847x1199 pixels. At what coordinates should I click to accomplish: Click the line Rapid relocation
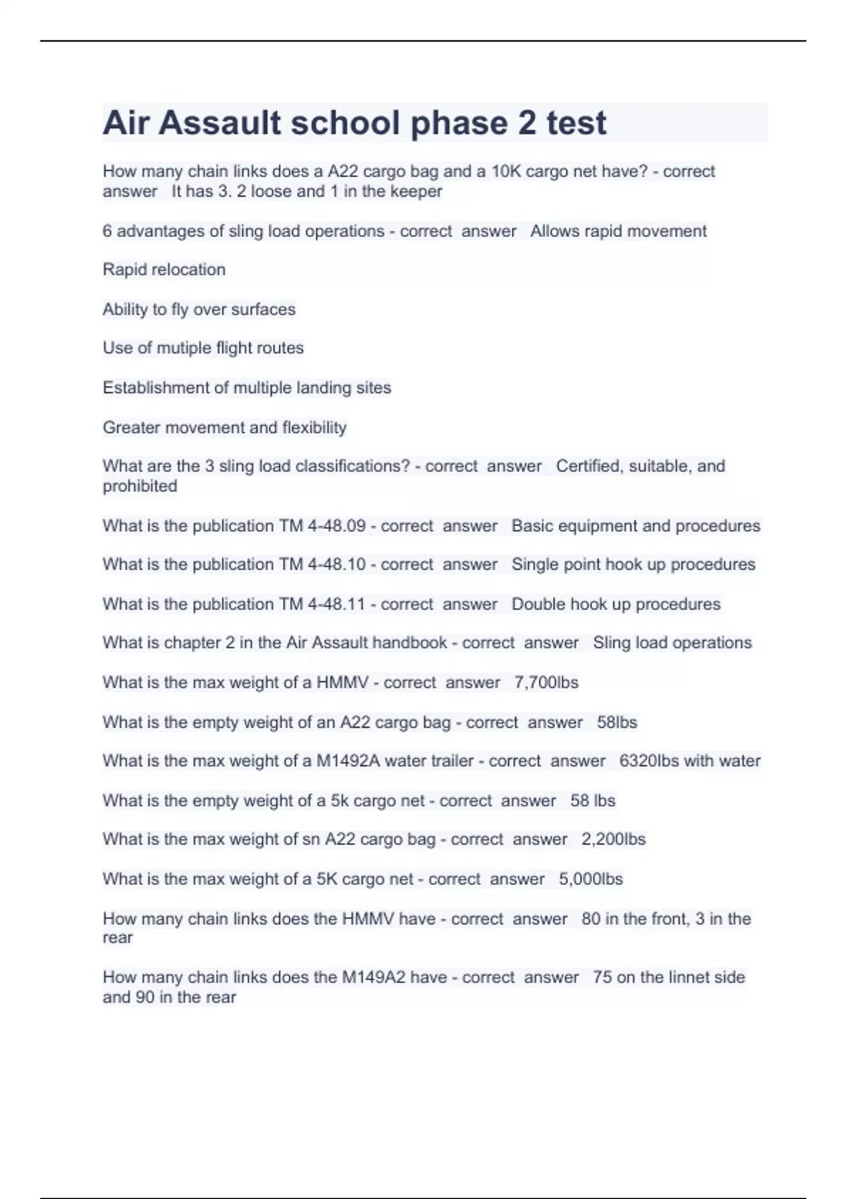[164, 269]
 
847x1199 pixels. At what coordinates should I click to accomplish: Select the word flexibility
[314, 427]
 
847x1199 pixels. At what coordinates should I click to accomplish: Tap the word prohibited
[140, 486]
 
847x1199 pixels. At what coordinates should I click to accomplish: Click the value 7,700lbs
[546, 682]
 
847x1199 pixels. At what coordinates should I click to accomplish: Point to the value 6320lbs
[649, 761]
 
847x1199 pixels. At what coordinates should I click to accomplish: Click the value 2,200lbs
[613, 839]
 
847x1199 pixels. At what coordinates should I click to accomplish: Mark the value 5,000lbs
[591, 879]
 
